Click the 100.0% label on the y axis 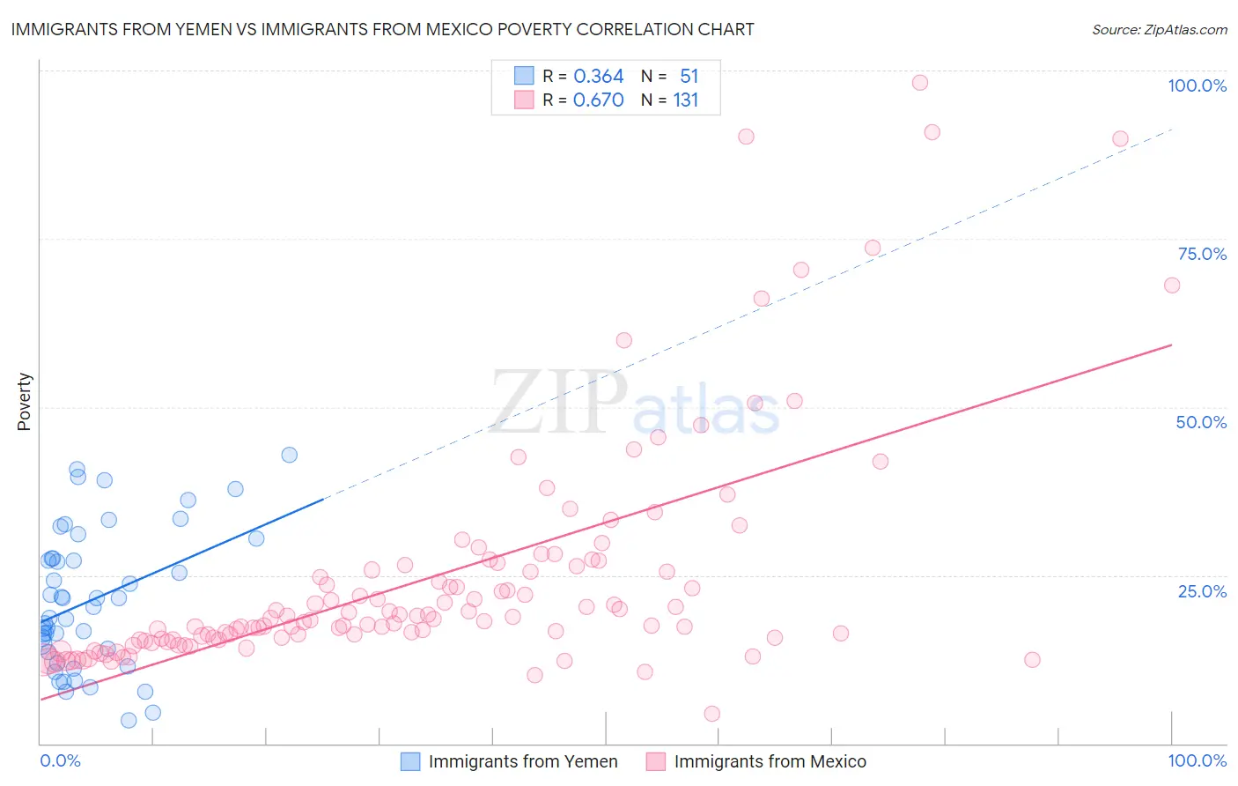tap(1197, 85)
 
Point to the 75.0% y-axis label tap(1202, 254)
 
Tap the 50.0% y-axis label tap(1201, 422)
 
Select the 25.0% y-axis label tap(1202, 591)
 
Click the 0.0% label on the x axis tap(60, 760)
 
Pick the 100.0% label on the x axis tap(1197, 760)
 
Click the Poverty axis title tap(24, 402)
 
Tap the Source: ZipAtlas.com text tap(1159, 29)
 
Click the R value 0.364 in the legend tap(598, 77)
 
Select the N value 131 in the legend tap(685, 100)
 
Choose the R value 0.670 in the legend tap(598, 100)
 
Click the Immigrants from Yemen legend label tap(523, 761)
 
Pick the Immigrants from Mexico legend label tap(770, 761)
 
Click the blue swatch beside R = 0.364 tap(524, 77)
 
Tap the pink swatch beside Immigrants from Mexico tap(655, 761)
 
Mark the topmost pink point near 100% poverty tap(920, 83)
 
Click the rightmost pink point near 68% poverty tap(1172, 285)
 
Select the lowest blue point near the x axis tap(129, 720)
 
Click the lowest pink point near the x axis tap(712, 714)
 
